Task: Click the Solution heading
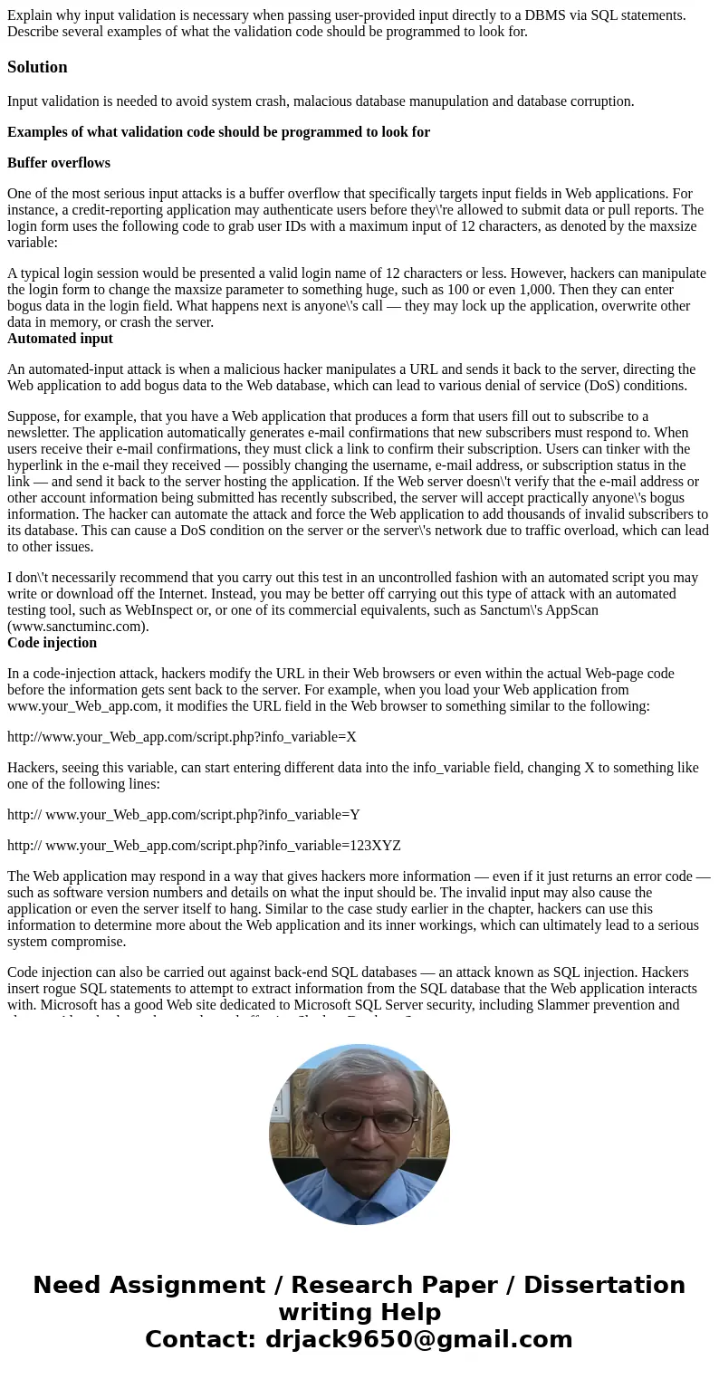click(37, 67)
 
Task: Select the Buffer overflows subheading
click(59, 163)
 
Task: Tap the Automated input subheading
click(60, 339)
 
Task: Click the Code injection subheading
click(52, 643)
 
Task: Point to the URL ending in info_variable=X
click(182, 737)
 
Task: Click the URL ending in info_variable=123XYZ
click(204, 846)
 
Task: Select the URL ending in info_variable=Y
click(184, 815)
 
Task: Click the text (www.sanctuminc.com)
click(78, 627)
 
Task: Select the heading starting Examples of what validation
click(218, 132)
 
